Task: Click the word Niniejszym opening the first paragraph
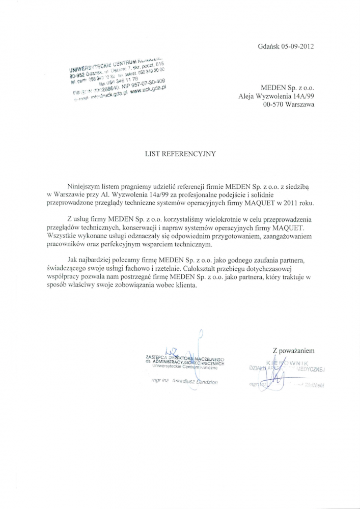[85, 186]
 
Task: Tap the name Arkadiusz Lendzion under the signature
[195, 381]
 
